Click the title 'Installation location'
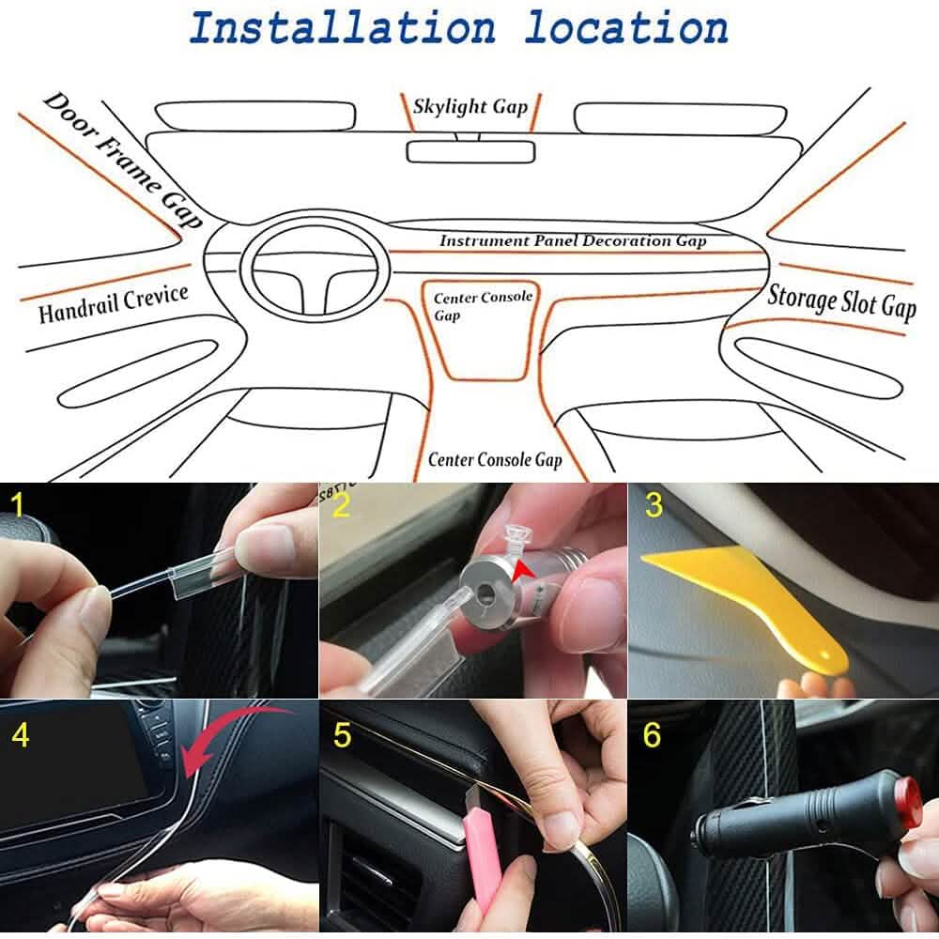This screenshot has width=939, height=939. pos(458,28)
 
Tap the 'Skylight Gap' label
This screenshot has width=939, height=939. pos(470,106)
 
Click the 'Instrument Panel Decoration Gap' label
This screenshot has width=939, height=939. pos(572,241)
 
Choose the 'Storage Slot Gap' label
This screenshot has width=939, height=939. pos(840,301)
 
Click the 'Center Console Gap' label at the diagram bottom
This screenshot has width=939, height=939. pos(494,459)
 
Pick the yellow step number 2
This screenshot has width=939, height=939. pos(341,506)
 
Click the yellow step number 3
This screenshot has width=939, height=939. pos(654,506)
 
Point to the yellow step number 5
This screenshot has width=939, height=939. pos(342,735)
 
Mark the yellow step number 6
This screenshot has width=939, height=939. pos(653,735)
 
